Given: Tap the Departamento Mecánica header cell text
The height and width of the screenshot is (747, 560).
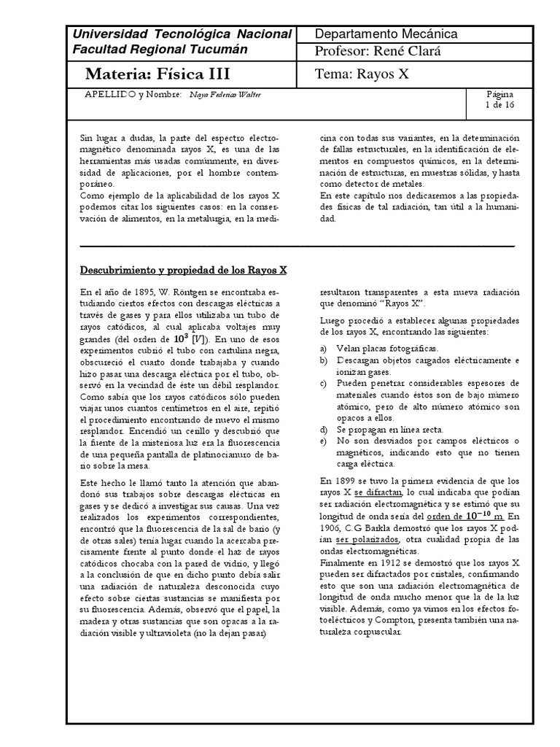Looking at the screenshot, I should tap(386, 34).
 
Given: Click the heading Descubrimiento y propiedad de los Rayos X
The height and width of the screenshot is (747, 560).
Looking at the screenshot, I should tap(184, 269).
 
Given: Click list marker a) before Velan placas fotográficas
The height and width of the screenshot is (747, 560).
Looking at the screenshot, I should tap(324, 349).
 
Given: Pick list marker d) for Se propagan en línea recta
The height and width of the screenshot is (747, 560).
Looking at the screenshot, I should tap(324, 430).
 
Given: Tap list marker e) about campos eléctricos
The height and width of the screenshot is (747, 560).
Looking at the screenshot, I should tap(324, 441).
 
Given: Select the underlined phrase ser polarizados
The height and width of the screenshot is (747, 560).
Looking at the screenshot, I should tap(367, 539).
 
